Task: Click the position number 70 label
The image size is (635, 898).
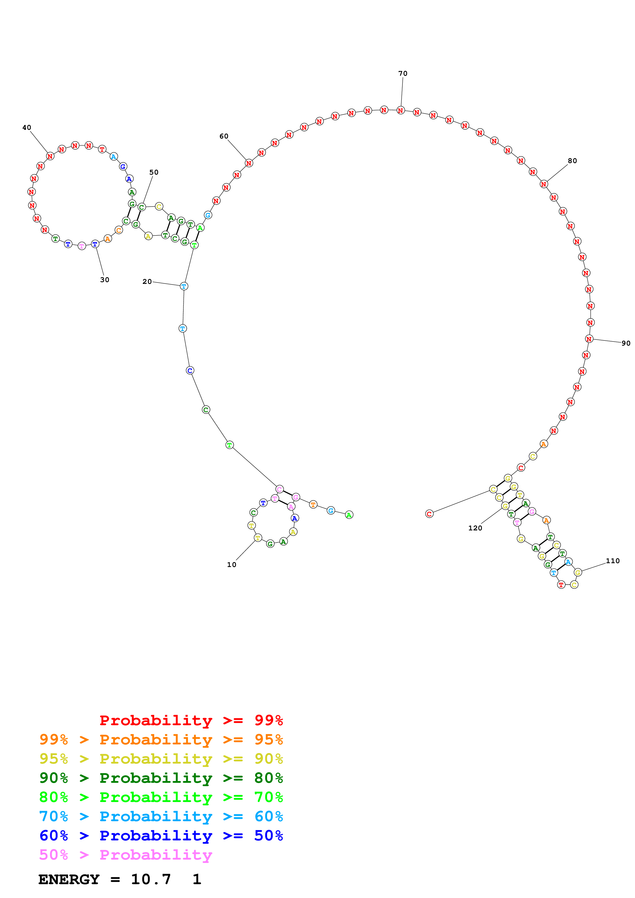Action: [403, 73]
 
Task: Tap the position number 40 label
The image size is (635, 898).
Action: [27, 127]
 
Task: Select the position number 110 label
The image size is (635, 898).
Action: [613, 561]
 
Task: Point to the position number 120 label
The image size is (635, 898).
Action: [475, 528]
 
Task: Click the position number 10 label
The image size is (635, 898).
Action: [232, 565]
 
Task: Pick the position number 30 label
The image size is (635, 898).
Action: [105, 280]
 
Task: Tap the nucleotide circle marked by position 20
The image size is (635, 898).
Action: [184, 286]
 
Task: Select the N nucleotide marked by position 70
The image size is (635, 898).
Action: [401, 110]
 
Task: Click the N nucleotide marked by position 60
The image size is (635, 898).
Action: [249, 163]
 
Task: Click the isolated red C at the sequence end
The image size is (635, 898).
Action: [429, 514]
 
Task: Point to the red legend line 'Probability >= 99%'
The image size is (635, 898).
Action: [191, 720]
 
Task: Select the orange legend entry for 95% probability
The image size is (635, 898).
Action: [161, 739]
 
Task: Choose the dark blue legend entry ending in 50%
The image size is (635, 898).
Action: [161, 836]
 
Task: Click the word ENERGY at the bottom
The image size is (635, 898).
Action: [69, 879]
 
